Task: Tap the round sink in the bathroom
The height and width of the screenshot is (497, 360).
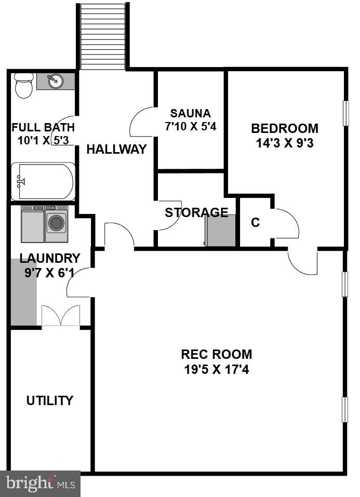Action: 54,81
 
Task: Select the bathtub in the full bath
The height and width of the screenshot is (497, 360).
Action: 43,181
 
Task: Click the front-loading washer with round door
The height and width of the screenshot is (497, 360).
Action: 56,223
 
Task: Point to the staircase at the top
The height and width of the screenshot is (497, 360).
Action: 103,36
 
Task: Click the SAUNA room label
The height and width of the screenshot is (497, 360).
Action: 191,113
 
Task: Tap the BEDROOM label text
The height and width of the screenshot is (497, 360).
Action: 284,128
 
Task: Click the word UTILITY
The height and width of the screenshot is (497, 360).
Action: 50,400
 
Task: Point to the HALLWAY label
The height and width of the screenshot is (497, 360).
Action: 116,150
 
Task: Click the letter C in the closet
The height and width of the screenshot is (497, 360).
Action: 255,223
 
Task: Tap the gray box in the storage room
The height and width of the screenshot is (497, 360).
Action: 221,230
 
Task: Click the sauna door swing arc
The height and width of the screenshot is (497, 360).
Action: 142,123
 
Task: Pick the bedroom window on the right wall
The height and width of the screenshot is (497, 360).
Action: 345,113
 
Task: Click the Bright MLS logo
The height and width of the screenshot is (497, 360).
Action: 40,483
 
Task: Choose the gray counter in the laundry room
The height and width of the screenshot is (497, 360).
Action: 23,292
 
